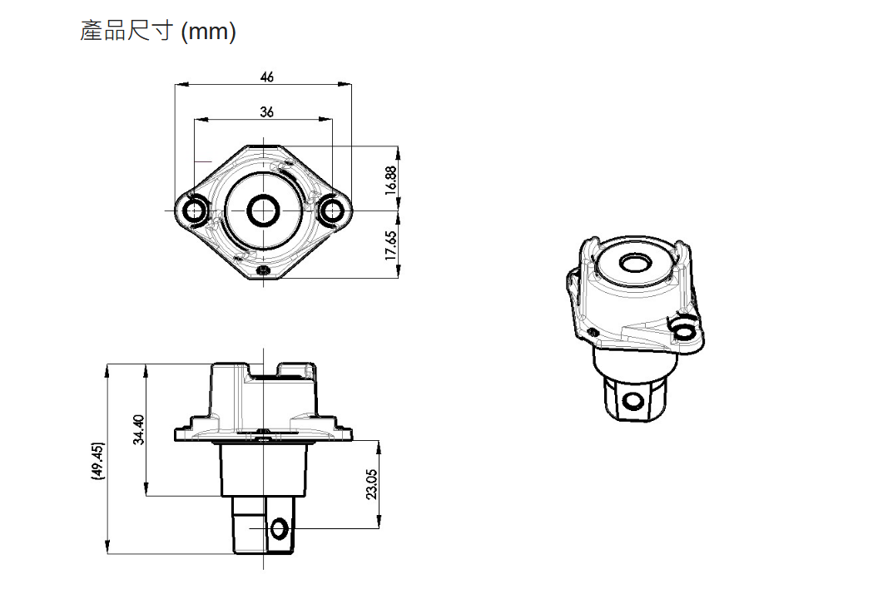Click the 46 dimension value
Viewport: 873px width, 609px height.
click(266, 77)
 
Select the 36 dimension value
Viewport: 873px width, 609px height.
click(266, 111)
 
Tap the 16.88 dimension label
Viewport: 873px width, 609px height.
click(391, 179)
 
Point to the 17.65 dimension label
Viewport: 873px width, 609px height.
click(391, 245)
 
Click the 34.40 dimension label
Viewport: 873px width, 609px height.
click(139, 429)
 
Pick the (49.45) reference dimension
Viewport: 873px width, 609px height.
click(98, 461)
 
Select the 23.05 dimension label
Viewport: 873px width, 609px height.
click(371, 483)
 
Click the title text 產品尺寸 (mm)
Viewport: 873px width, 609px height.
click(157, 31)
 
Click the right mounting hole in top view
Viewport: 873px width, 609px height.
click(333, 211)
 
